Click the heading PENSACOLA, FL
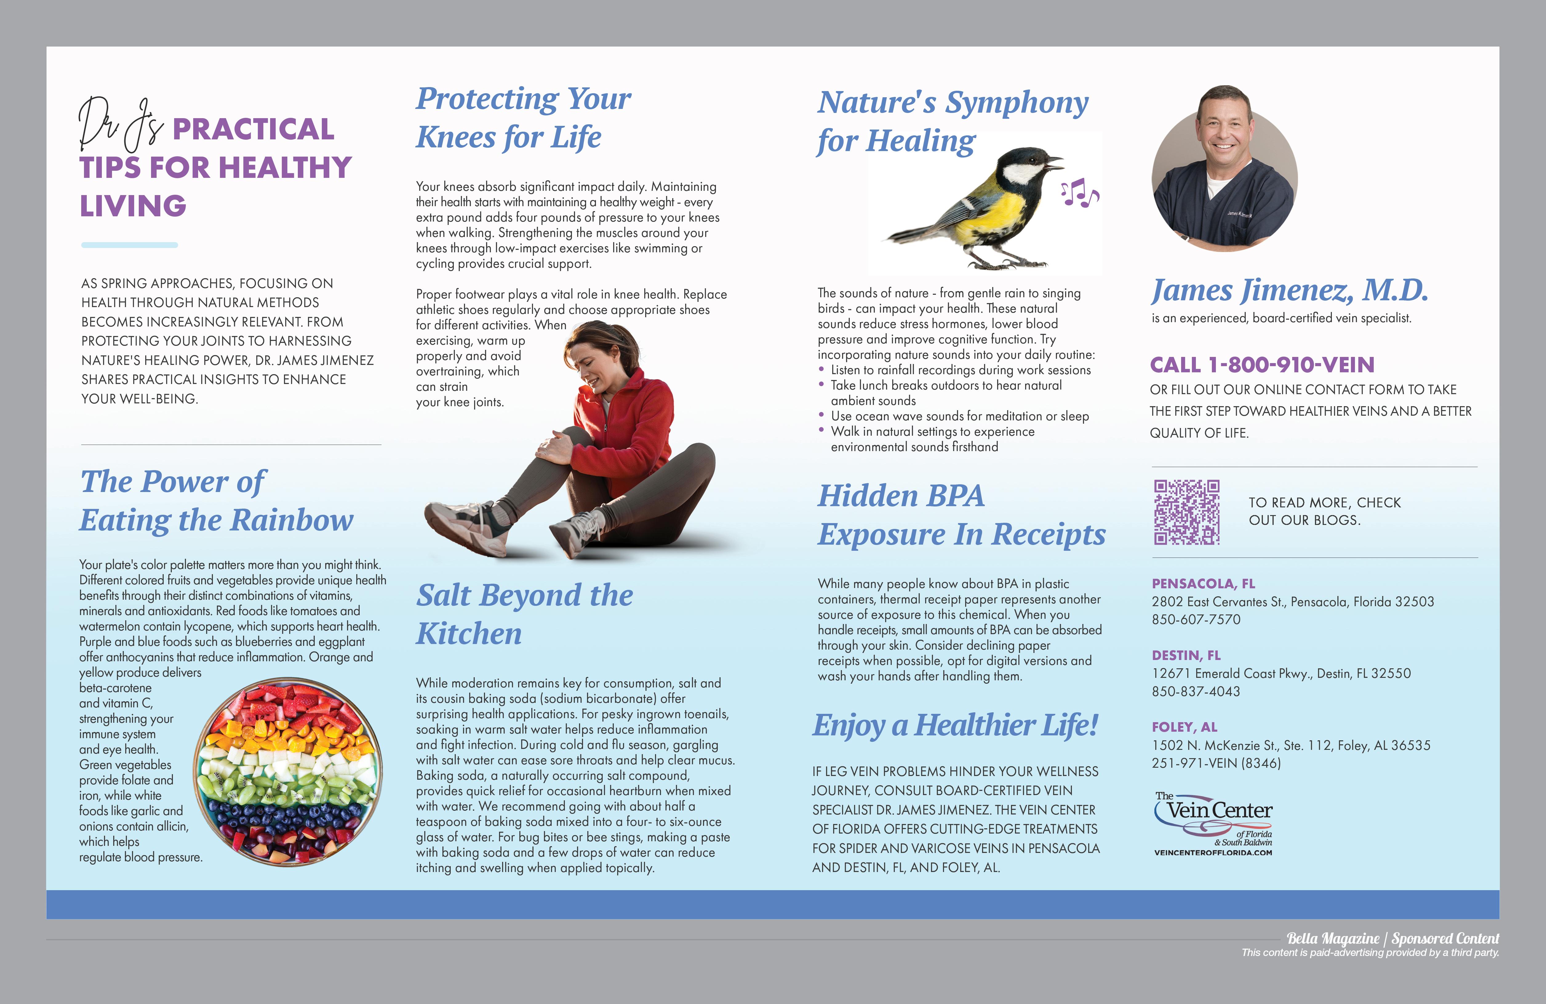(x=1203, y=584)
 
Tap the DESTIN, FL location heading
(x=1186, y=655)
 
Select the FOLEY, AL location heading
(x=1184, y=727)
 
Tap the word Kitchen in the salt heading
(x=469, y=634)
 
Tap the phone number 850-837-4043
(x=1196, y=691)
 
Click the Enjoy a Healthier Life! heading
(x=955, y=725)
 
